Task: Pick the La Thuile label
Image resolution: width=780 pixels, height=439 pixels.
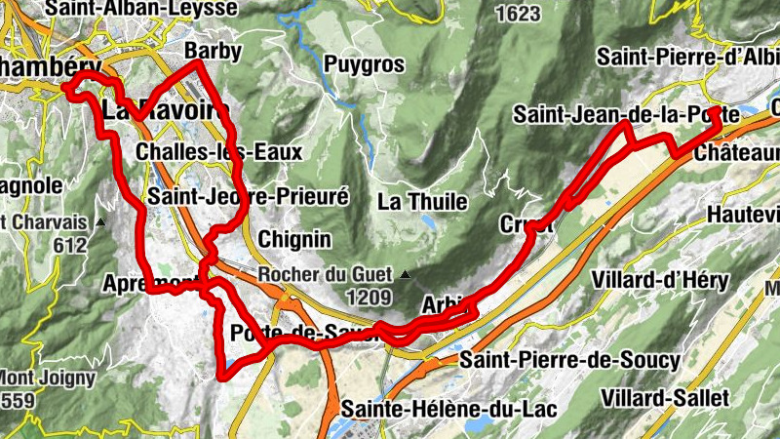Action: click(422, 202)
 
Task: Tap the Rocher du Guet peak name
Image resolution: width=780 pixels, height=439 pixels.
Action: click(325, 275)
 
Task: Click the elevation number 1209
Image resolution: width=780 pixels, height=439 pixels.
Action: click(368, 298)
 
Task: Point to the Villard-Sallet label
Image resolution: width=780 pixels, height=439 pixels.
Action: click(664, 397)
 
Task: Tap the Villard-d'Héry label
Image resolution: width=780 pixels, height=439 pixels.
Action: click(660, 281)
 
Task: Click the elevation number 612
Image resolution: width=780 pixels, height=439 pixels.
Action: click(71, 245)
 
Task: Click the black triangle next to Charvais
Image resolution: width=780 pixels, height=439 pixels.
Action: click(101, 222)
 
